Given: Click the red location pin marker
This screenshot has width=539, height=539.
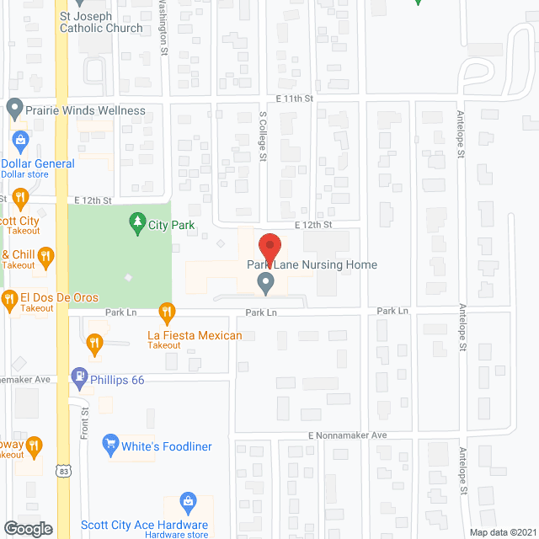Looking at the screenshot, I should (x=269, y=248).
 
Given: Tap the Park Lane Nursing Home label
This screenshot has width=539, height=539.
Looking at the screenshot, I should (x=312, y=264).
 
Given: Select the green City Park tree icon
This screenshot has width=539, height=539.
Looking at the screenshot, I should (x=136, y=224).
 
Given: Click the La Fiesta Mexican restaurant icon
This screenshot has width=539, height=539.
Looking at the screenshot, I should (x=167, y=313).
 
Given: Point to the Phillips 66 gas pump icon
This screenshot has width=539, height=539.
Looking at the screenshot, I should (x=80, y=379).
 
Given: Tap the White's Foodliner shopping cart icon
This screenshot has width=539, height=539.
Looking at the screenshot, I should (x=109, y=443).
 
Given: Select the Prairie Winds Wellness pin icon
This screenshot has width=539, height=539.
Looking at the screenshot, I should (x=13, y=109).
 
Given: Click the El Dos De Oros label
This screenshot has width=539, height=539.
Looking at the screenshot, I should (x=59, y=298).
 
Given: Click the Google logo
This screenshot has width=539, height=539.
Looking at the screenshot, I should (x=27, y=528).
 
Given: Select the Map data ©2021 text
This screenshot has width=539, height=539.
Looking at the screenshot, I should (x=502, y=531).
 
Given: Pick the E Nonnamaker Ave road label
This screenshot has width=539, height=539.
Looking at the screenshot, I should (x=346, y=435).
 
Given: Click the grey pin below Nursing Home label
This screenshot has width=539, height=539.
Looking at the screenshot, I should (x=265, y=285).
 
